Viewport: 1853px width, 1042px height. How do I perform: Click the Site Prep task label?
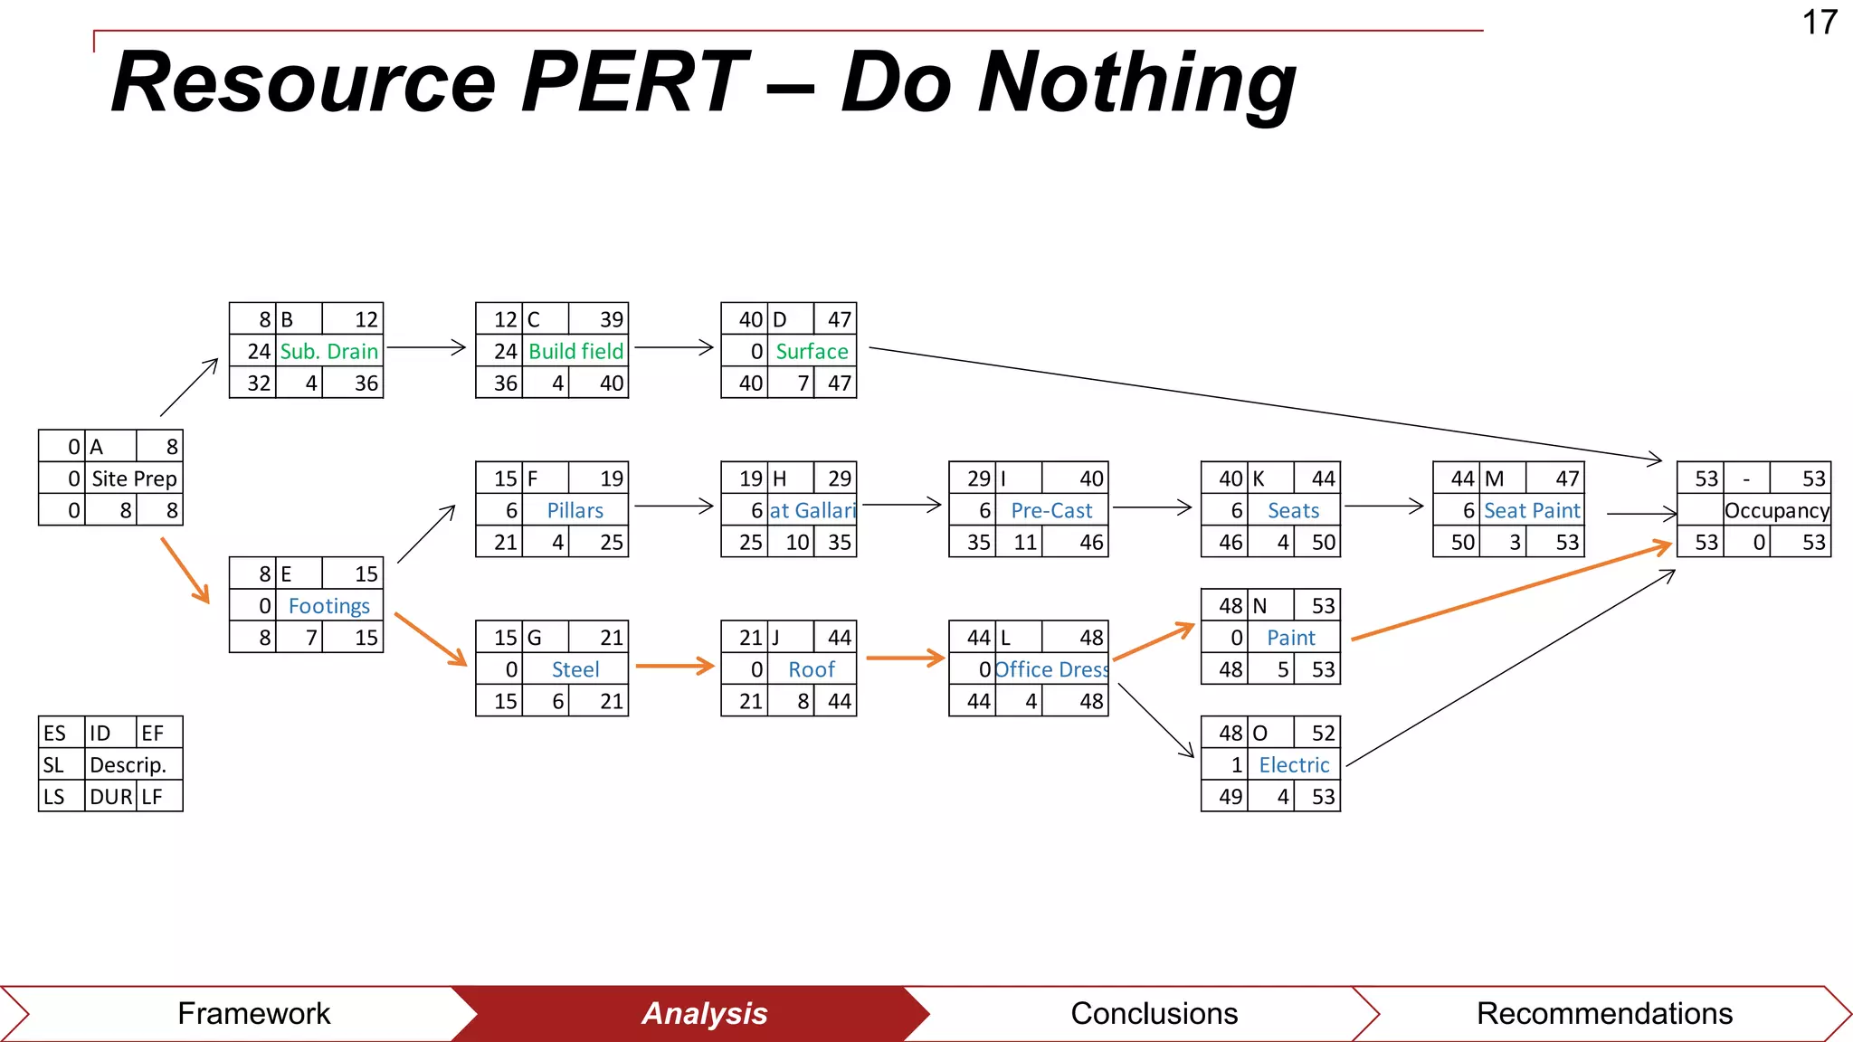tap(134, 478)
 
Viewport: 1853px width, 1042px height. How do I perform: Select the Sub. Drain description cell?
tap(328, 351)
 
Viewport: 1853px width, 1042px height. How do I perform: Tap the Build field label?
tap(575, 351)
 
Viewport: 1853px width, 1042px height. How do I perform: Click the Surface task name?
tap(812, 351)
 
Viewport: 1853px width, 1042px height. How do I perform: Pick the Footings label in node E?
tap(328, 606)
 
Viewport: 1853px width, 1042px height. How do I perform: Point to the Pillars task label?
tap(575, 510)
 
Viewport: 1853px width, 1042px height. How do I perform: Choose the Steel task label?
tap(575, 669)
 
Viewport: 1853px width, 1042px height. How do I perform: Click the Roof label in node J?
tap(812, 669)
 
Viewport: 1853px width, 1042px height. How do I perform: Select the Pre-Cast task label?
tap(1051, 510)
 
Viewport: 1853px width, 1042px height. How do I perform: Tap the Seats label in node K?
tap(1293, 510)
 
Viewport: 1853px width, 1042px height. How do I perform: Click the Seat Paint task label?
tap(1532, 510)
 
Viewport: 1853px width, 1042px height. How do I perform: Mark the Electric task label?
tap(1294, 764)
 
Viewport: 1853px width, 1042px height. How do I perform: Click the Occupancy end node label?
tap(1777, 510)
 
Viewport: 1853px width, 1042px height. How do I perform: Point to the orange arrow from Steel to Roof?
tap(674, 666)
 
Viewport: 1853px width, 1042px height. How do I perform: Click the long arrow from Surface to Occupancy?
tap(1267, 404)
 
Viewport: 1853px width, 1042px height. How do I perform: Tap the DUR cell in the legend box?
tap(110, 797)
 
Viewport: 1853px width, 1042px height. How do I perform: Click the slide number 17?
tap(1820, 23)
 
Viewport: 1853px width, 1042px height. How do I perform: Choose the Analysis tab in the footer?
tap(704, 1013)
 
